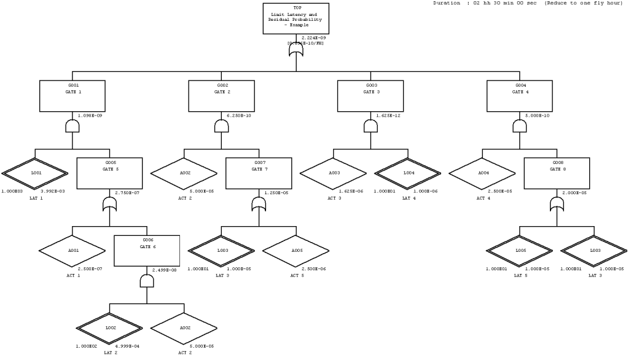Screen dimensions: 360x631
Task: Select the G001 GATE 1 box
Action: pyautogui.click(x=73, y=96)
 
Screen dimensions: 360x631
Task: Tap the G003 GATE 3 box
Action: pyautogui.click(x=370, y=96)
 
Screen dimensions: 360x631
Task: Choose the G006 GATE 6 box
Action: pyautogui.click(x=146, y=250)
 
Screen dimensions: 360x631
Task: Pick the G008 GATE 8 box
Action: pyautogui.click(x=557, y=173)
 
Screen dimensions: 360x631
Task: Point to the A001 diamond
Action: pyautogui.click(x=73, y=250)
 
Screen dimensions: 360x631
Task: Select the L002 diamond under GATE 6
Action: pyautogui.click(x=110, y=327)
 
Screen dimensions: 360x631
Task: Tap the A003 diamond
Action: pyautogui.click(x=334, y=173)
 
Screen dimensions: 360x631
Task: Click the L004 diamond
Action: pyautogui.click(x=408, y=173)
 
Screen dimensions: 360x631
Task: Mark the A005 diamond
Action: pyautogui.click(x=296, y=250)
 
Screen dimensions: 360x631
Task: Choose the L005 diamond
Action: pyautogui.click(x=520, y=250)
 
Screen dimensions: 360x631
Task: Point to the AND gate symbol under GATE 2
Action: pyautogui.click(x=222, y=126)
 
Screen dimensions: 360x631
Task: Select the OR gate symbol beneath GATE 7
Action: pyautogui.click(x=259, y=203)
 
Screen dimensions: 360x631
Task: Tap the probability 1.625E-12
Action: pyautogui.click(x=390, y=115)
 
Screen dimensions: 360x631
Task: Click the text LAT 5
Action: pyautogui.click(x=520, y=275)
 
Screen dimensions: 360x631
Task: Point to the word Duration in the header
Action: pyautogui.click(x=447, y=3)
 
